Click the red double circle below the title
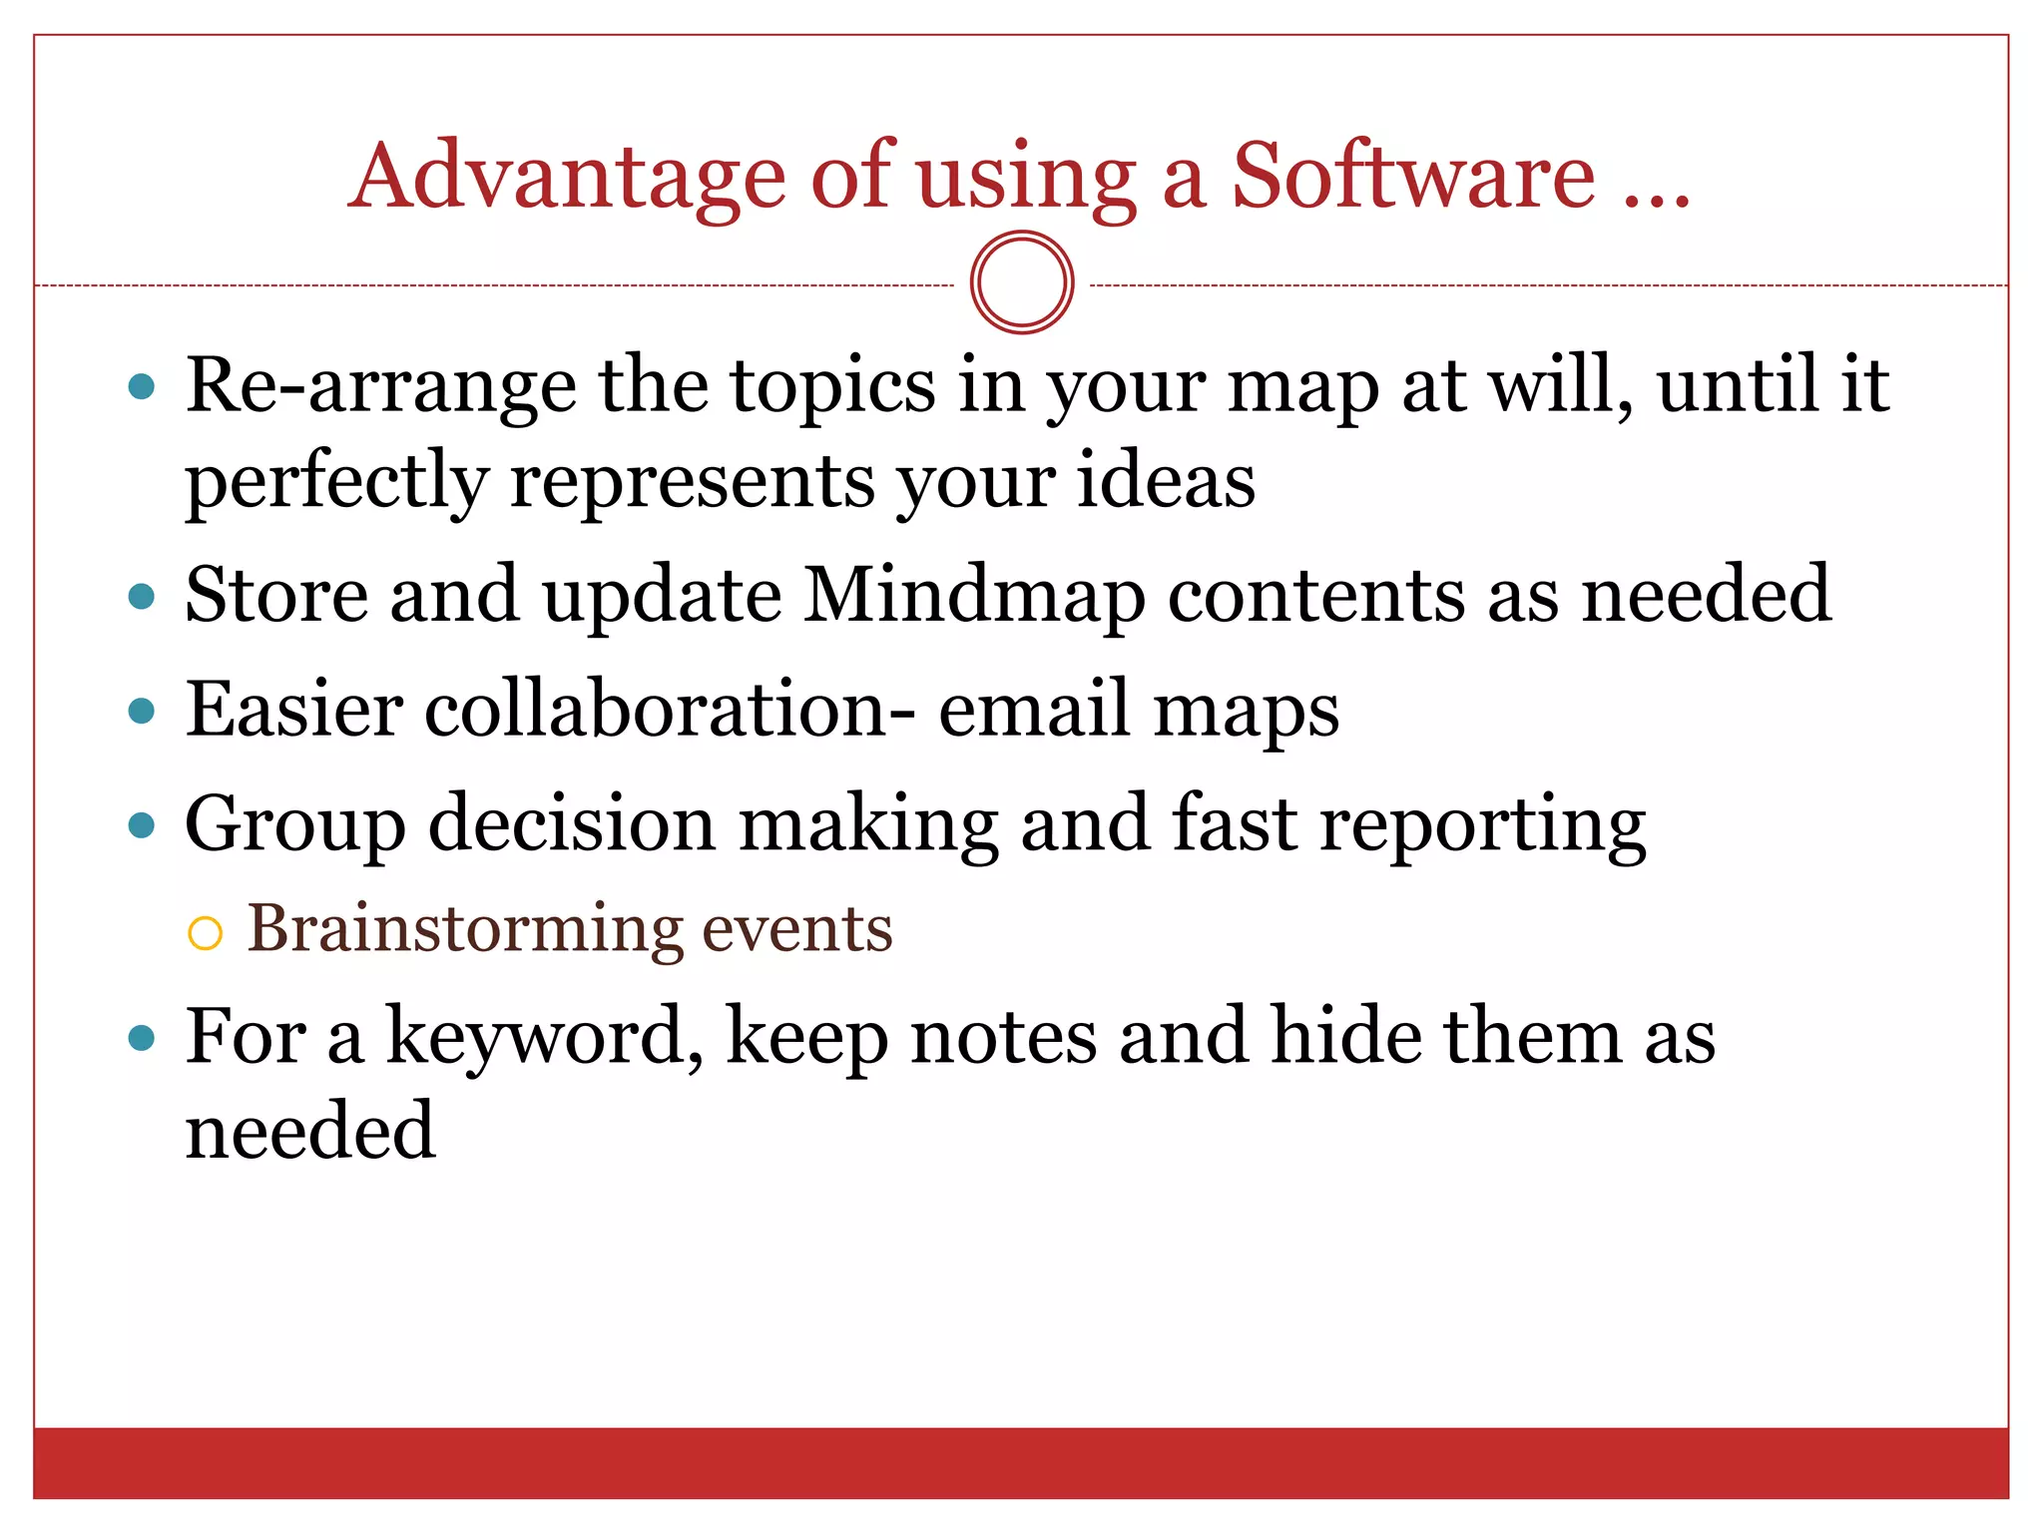(1022, 282)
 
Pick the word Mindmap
(974, 597)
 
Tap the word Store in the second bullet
(276, 595)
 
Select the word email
(1035, 710)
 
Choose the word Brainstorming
(464, 930)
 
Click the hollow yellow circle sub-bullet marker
(205, 934)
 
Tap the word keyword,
(545, 1038)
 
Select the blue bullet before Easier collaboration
(143, 712)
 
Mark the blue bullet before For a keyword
(143, 1039)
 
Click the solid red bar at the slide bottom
(1020, 1462)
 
